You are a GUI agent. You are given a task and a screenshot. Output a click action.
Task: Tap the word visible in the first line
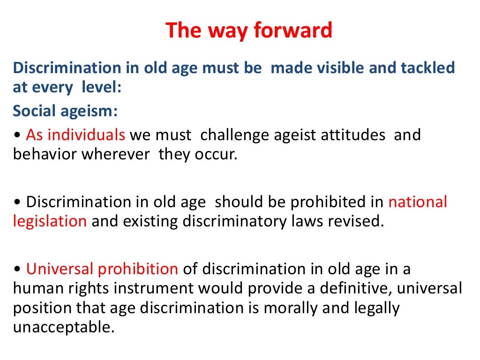pos(342,68)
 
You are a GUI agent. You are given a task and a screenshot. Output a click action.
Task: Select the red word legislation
pos(50,221)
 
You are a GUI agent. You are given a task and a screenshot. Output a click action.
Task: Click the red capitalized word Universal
pos(60,269)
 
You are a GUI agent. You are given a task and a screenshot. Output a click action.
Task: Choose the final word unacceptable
pos(64,327)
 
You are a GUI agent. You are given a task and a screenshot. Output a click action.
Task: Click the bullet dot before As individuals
pos(17,136)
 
